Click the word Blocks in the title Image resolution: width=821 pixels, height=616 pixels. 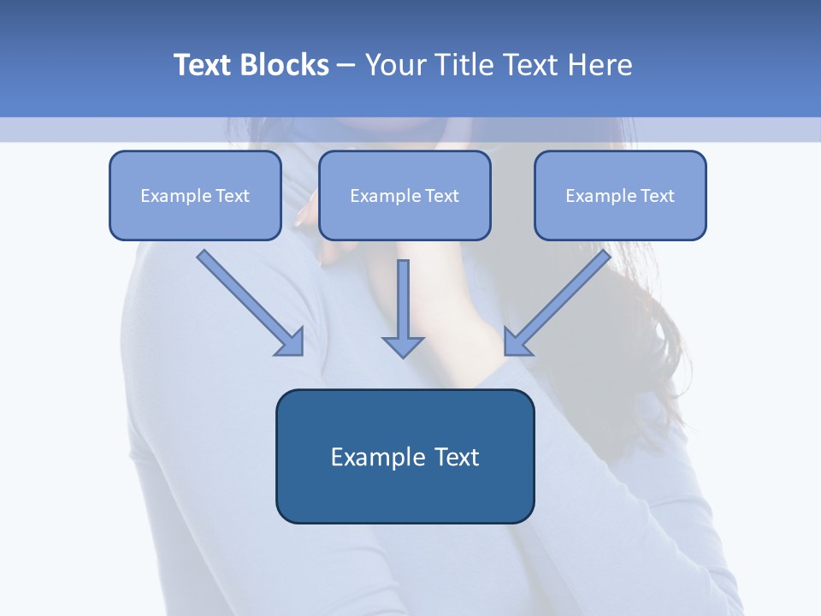286,65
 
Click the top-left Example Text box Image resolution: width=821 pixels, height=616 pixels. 195,196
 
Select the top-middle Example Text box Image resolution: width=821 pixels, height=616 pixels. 405,196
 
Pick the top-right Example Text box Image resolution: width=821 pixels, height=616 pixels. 620,196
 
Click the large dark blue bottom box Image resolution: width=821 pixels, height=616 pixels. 405,456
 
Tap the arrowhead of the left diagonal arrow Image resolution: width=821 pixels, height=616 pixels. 291,342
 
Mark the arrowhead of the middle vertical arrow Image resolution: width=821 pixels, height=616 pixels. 403,345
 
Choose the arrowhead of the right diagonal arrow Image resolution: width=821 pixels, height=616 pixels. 517,342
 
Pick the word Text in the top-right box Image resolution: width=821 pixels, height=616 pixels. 657,196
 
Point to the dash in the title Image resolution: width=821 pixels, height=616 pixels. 346,65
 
